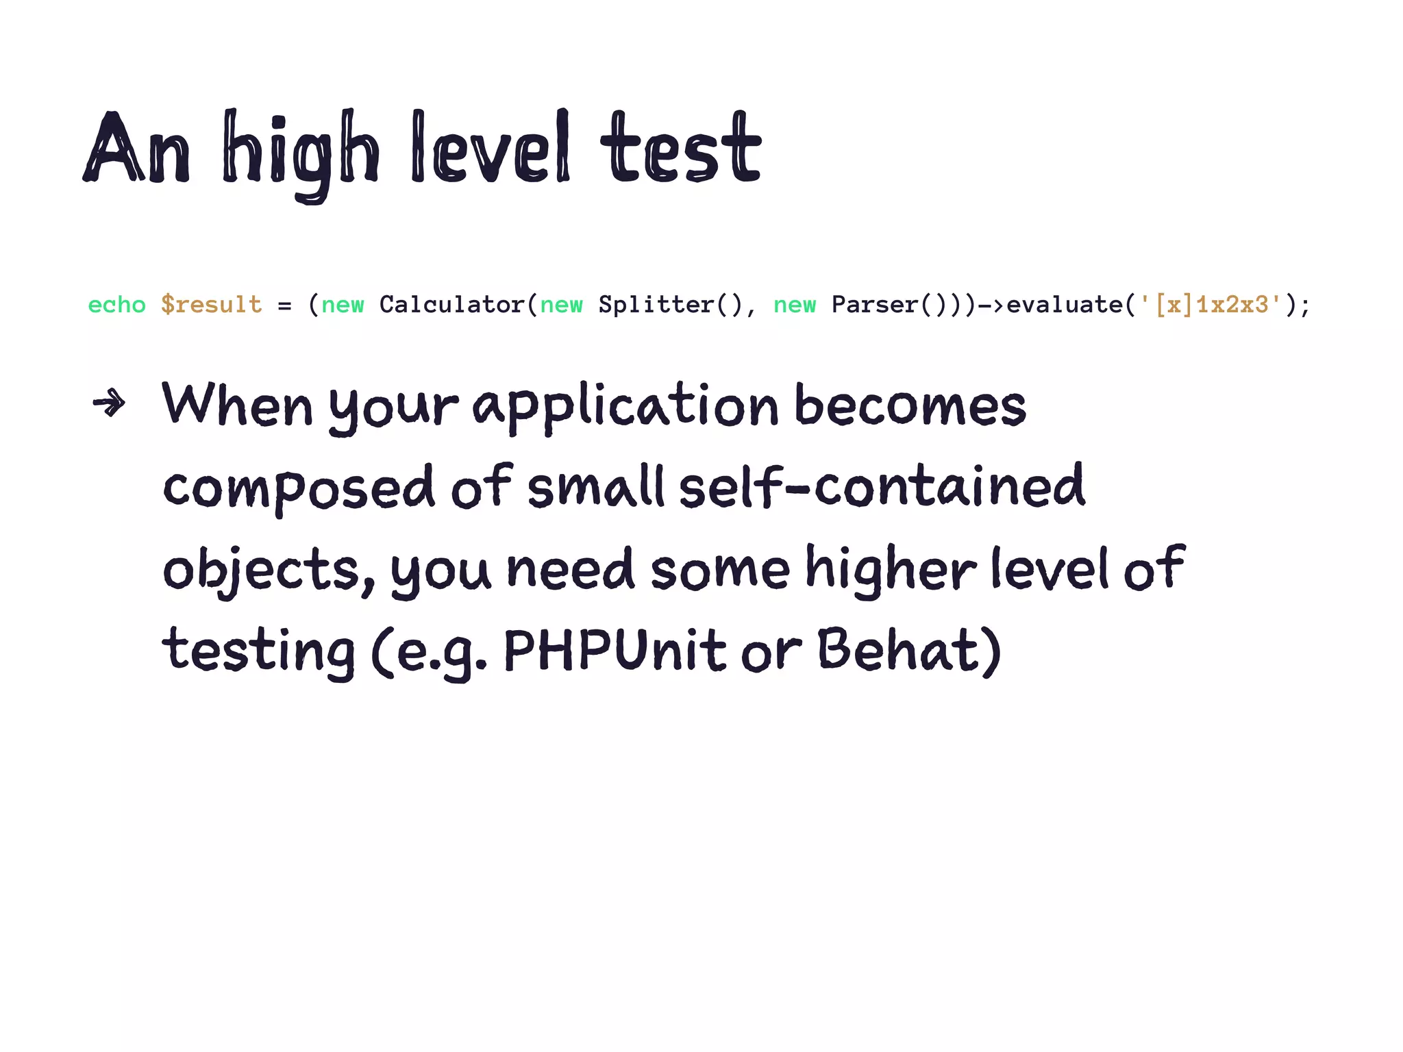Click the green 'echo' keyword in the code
click(117, 305)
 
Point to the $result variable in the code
click(212, 305)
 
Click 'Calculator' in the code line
click(452, 305)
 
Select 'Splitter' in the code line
click(656, 305)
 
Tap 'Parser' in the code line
click(875, 305)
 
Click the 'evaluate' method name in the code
click(1065, 305)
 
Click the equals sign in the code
click(285, 305)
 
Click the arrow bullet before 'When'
click(110, 403)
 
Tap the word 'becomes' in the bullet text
click(910, 405)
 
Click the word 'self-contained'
click(882, 488)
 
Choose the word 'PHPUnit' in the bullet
click(614, 651)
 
